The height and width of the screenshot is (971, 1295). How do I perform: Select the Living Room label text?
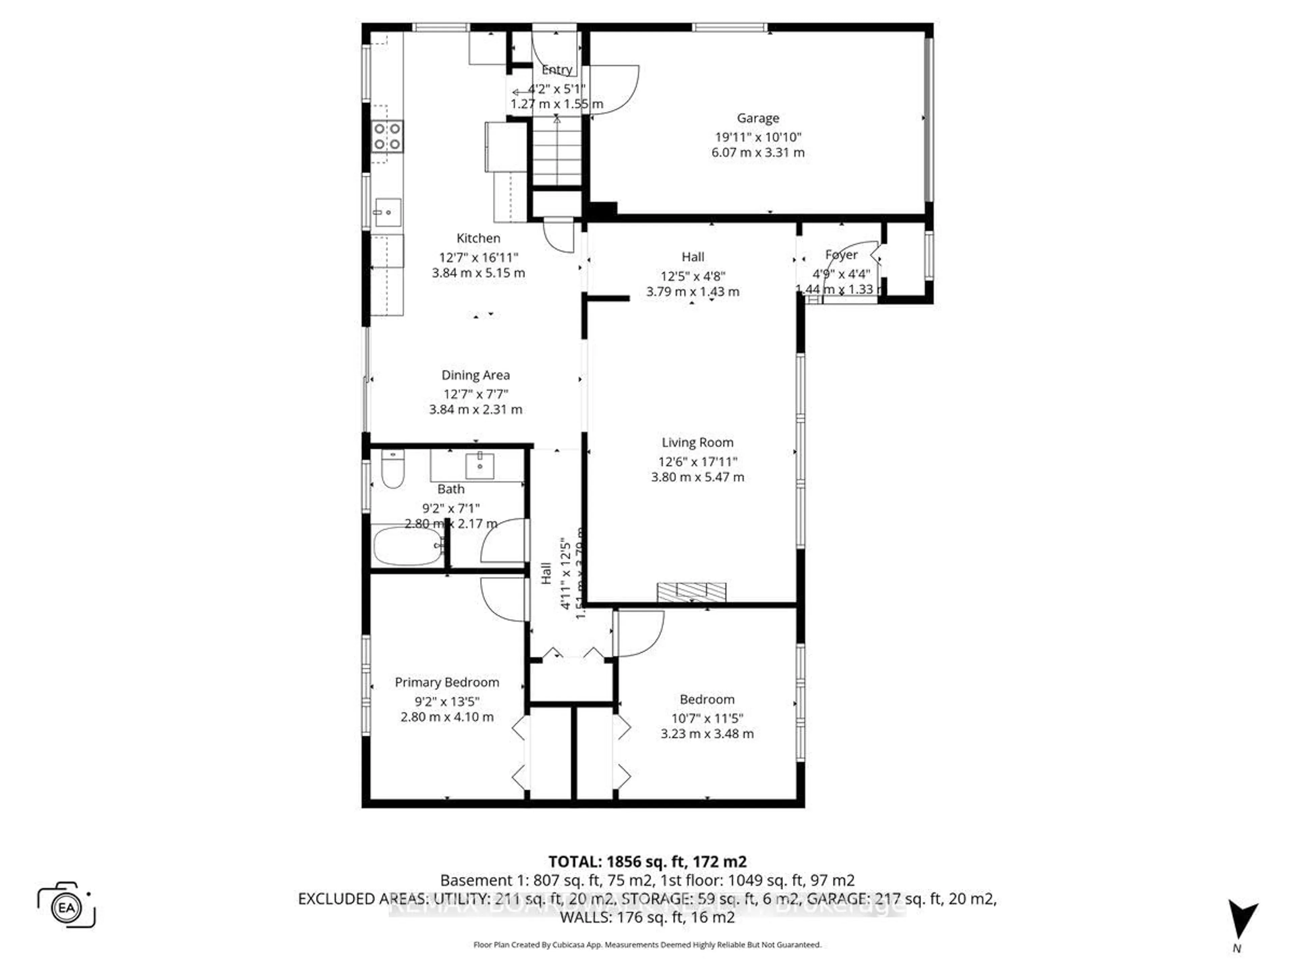tap(697, 442)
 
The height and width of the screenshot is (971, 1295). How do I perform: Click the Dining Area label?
tap(476, 375)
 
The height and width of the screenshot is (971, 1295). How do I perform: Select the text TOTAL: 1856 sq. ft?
tap(616, 861)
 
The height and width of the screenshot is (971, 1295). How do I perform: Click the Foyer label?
tap(841, 255)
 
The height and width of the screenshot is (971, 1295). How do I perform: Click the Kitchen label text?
tap(478, 238)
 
